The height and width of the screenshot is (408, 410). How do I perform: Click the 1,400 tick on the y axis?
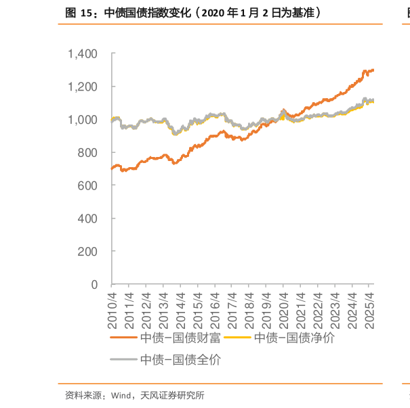(84, 53)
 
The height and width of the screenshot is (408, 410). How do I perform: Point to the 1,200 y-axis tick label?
(84, 87)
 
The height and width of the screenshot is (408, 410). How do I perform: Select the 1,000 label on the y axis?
(84, 120)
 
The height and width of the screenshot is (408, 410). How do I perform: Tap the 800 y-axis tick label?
(88, 153)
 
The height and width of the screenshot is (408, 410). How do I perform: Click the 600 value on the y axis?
(88, 185)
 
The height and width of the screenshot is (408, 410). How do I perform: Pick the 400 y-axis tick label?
(88, 219)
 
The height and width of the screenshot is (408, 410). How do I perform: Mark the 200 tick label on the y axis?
(88, 251)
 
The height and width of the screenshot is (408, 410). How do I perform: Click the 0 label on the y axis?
(95, 284)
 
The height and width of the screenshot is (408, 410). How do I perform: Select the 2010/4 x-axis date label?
(112, 309)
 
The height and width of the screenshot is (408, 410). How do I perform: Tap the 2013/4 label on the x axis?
(163, 309)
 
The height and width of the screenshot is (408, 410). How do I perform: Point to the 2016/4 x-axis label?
(216, 309)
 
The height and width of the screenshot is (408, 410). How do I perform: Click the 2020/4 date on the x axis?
(284, 309)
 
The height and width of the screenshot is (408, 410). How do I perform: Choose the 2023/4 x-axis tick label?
(335, 309)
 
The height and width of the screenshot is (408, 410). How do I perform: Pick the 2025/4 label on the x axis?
(370, 309)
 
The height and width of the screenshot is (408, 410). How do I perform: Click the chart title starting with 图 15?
(193, 12)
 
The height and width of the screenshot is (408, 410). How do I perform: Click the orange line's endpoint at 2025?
(373, 69)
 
